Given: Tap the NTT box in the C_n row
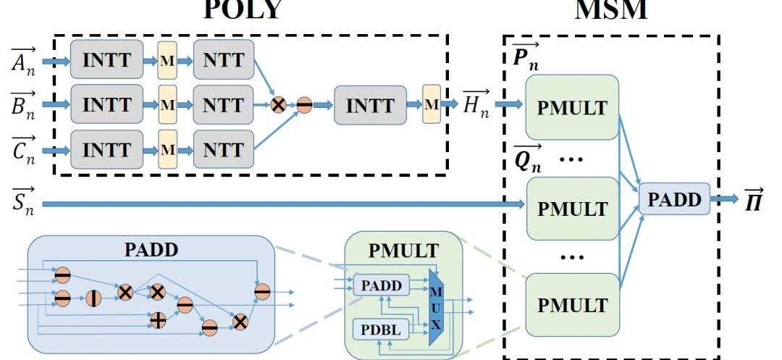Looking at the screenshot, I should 223,151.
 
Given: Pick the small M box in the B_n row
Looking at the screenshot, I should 168,105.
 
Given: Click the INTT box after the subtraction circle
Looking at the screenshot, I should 371,105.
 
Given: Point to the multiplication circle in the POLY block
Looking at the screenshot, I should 278,105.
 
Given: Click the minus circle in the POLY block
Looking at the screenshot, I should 304,105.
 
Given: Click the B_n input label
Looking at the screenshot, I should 22,104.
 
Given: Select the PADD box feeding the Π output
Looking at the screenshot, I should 674,200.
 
